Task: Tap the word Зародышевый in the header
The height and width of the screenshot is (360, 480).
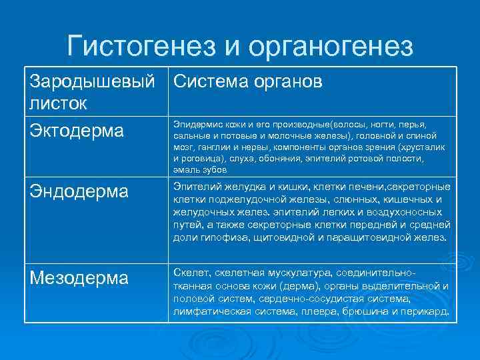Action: pyautogui.click(x=93, y=81)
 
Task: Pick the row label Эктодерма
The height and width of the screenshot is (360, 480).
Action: pyautogui.click(x=77, y=130)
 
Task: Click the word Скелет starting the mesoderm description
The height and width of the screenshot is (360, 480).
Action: pyautogui.click(x=190, y=274)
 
